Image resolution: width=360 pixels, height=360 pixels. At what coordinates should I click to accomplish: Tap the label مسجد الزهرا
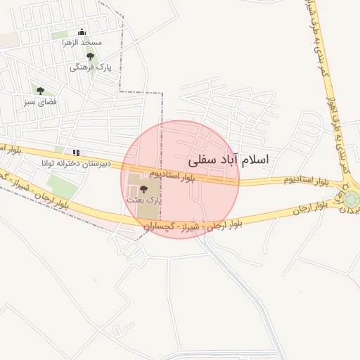[x=82, y=43]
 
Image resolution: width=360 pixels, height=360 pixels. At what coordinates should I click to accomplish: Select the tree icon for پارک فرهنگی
[x=90, y=56]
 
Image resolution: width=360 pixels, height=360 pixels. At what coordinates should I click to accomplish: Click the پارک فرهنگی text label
[x=91, y=67]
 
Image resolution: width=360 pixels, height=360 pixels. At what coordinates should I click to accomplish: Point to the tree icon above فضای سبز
[x=40, y=91]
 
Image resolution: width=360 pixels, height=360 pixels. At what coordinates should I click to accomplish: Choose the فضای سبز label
[x=39, y=103]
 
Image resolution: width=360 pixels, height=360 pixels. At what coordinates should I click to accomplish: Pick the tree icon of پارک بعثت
[x=144, y=188]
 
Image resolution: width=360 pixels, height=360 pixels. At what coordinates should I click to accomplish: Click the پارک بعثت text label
[x=144, y=200]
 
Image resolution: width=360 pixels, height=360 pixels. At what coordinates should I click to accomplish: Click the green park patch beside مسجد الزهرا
[x=61, y=34]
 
